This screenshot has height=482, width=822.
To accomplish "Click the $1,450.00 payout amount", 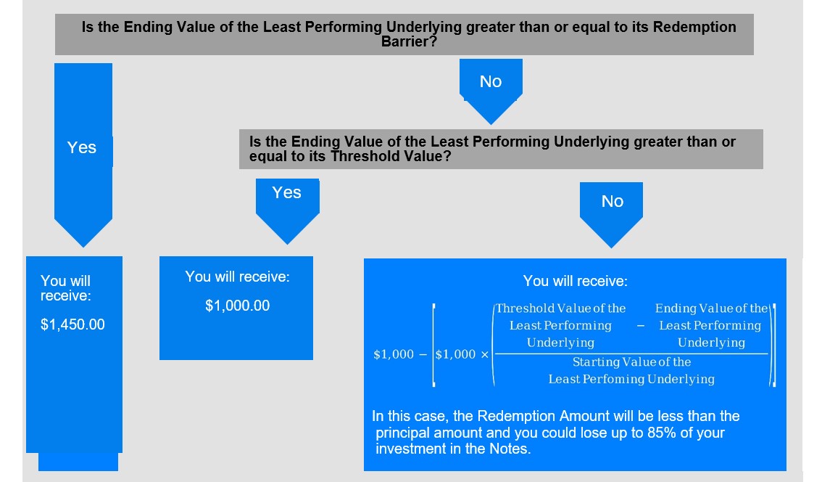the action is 73,324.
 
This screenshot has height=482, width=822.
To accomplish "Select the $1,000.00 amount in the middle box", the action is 238,306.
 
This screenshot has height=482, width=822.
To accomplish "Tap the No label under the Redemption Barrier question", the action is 491,81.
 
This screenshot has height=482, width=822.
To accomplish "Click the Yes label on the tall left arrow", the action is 82,147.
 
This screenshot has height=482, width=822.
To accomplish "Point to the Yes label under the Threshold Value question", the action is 287,192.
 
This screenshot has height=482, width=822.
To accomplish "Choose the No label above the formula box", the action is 613,201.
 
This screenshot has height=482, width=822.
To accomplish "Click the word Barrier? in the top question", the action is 409,41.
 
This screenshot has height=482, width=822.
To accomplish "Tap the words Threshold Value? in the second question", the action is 391,157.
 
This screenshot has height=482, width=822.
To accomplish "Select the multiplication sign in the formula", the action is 484,355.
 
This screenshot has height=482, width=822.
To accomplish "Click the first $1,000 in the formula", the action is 394,354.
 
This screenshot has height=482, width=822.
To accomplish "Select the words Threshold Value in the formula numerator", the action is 544,309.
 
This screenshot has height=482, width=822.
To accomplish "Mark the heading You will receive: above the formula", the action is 575,281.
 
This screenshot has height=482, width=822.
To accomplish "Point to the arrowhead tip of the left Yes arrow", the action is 83,246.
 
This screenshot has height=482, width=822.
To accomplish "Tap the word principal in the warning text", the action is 402,433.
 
